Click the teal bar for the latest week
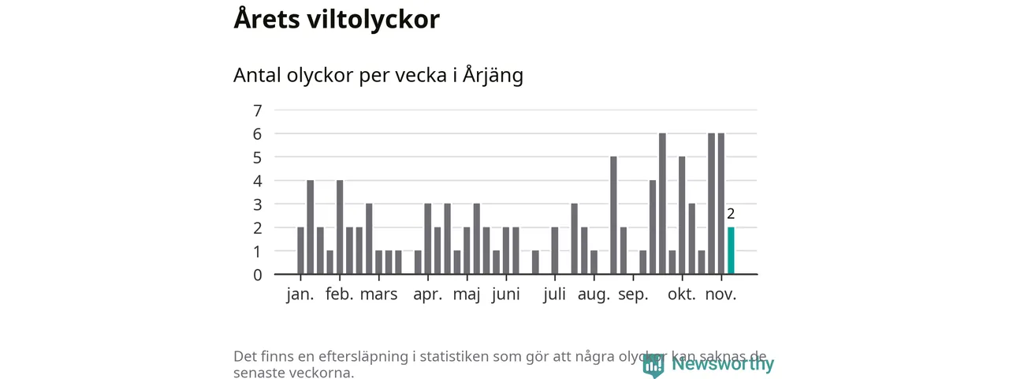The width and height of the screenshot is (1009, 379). click(x=731, y=251)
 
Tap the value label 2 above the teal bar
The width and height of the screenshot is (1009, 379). click(x=731, y=214)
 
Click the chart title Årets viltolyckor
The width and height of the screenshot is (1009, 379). click(x=337, y=20)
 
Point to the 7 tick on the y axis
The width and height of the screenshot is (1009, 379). click(x=257, y=110)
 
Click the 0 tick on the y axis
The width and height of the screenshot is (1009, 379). click(x=257, y=275)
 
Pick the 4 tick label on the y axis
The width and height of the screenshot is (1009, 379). click(x=257, y=181)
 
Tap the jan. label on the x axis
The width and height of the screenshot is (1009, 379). click(x=300, y=295)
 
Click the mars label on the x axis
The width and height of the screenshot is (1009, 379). click(x=379, y=295)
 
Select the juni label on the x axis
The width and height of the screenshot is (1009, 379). click(x=505, y=295)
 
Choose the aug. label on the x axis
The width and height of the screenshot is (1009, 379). click(x=594, y=295)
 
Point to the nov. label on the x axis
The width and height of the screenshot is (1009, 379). click(x=720, y=295)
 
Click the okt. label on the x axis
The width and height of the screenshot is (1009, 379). click(x=682, y=295)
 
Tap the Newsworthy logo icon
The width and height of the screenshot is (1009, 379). click(x=653, y=365)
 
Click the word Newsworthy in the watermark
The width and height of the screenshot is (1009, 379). click(x=723, y=364)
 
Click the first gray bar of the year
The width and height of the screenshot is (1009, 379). click(x=300, y=251)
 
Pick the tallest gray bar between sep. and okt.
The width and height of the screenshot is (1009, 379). click(x=662, y=204)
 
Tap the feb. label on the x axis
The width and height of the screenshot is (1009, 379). click(x=340, y=295)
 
